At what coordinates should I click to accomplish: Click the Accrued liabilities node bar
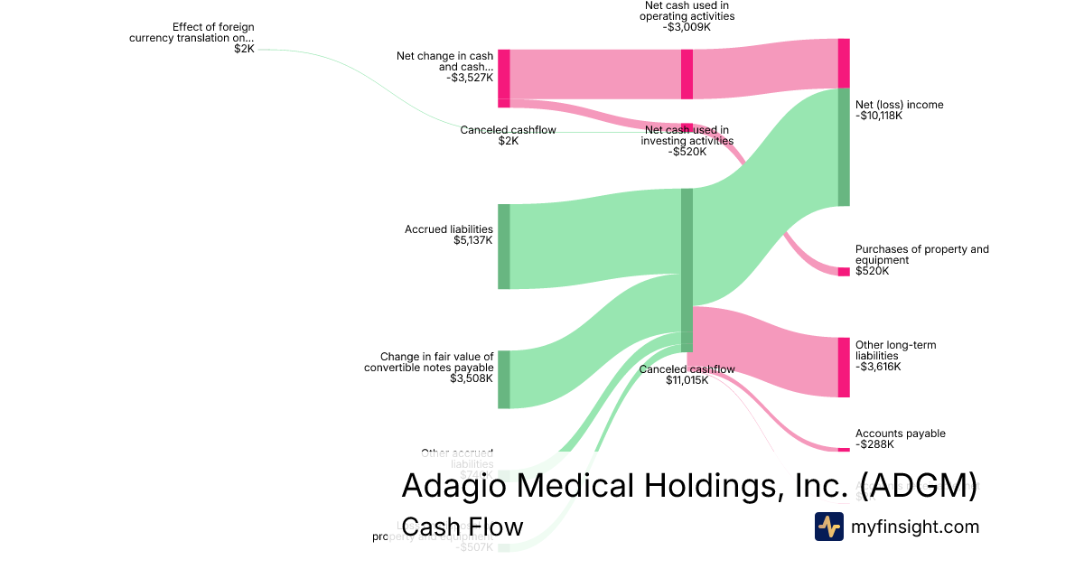(x=504, y=247)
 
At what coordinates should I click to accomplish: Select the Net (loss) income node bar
(x=844, y=147)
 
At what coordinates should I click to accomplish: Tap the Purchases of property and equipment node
(x=844, y=272)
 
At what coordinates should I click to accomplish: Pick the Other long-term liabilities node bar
(x=844, y=367)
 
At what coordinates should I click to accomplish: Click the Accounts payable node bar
(x=844, y=449)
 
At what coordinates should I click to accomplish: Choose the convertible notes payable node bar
(x=504, y=379)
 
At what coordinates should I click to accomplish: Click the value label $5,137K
(x=473, y=241)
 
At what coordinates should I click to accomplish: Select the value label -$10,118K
(x=879, y=116)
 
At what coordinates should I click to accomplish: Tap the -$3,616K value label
(x=878, y=367)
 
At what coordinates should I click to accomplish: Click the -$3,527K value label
(x=470, y=78)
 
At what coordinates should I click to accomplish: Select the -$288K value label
(x=874, y=444)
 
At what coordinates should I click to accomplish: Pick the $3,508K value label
(x=472, y=378)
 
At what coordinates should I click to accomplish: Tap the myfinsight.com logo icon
(x=828, y=527)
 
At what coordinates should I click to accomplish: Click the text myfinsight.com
(x=914, y=527)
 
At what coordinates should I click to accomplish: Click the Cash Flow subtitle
(x=462, y=527)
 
